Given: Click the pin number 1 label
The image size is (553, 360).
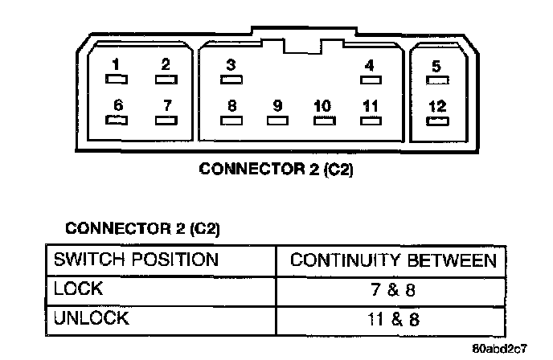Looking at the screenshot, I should coord(117,64).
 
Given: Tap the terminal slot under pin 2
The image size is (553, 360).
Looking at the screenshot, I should coord(166,80).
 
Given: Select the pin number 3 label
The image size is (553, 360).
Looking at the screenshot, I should coord(231,64).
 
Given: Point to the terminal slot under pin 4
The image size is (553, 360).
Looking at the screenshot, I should coord(370,80).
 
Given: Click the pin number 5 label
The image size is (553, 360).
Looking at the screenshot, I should coord(436,66).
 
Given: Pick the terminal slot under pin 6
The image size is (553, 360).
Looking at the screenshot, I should coord(117,120).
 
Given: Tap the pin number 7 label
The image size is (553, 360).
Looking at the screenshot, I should coord(166,104).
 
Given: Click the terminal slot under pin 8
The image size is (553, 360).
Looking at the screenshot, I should coord(231,121).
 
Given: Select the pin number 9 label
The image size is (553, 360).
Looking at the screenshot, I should coord(277,105).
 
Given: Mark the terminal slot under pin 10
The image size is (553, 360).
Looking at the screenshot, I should coord(322,121).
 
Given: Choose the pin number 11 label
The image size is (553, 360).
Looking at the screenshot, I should coord(370,105).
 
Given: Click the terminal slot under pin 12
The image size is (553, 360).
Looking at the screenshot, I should coord(437,121).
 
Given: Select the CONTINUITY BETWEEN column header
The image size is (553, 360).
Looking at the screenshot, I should coord(393,260).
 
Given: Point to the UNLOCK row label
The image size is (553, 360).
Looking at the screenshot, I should coord(91,317).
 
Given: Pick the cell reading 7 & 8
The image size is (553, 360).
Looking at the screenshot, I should coord(393,289).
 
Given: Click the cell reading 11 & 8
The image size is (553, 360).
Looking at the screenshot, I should coord(393,318).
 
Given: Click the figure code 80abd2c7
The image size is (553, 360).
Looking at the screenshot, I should coord(500,349).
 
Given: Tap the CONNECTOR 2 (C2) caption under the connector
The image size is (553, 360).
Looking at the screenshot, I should coord(276,170).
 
